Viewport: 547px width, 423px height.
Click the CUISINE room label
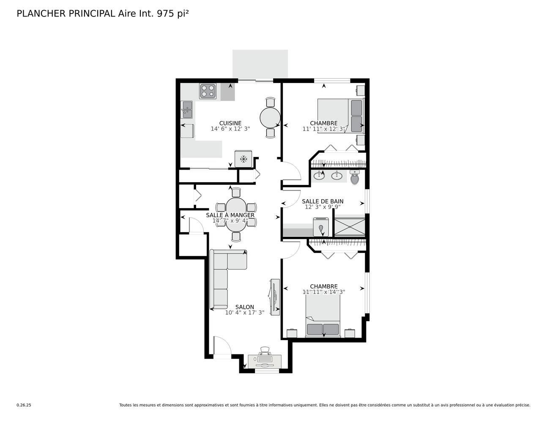click(230, 123)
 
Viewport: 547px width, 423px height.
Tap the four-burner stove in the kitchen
click(208, 91)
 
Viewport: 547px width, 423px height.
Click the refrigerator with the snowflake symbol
click(243, 159)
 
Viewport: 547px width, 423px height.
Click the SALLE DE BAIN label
click(322, 201)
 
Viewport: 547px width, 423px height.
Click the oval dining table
click(236, 215)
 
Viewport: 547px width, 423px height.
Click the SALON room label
click(244, 307)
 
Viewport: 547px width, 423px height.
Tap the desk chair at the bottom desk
click(265, 351)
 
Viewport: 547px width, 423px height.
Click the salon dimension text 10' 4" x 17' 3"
click(244, 313)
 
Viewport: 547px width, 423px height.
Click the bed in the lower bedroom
click(323, 316)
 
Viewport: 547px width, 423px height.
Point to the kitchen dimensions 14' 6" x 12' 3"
click(230, 129)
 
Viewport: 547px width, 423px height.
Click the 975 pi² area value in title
click(172, 14)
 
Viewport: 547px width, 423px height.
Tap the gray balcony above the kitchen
click(260, 64)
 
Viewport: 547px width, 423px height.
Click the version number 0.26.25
click(24, 405)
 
